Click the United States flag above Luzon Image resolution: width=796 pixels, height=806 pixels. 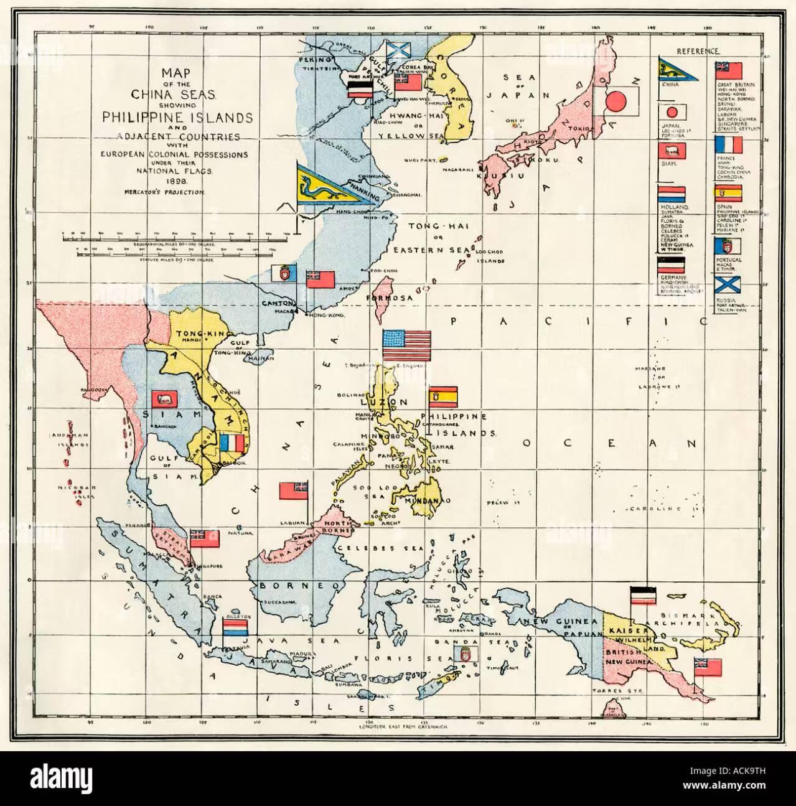[x=406, y=345]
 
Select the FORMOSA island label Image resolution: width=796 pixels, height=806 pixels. [x=393, y=298]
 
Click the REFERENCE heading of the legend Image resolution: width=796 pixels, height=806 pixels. [x=698, y=51]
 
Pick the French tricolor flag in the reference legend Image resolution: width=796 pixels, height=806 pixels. [x=729, y=145]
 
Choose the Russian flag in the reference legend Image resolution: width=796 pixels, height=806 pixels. [x=728, y=285]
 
